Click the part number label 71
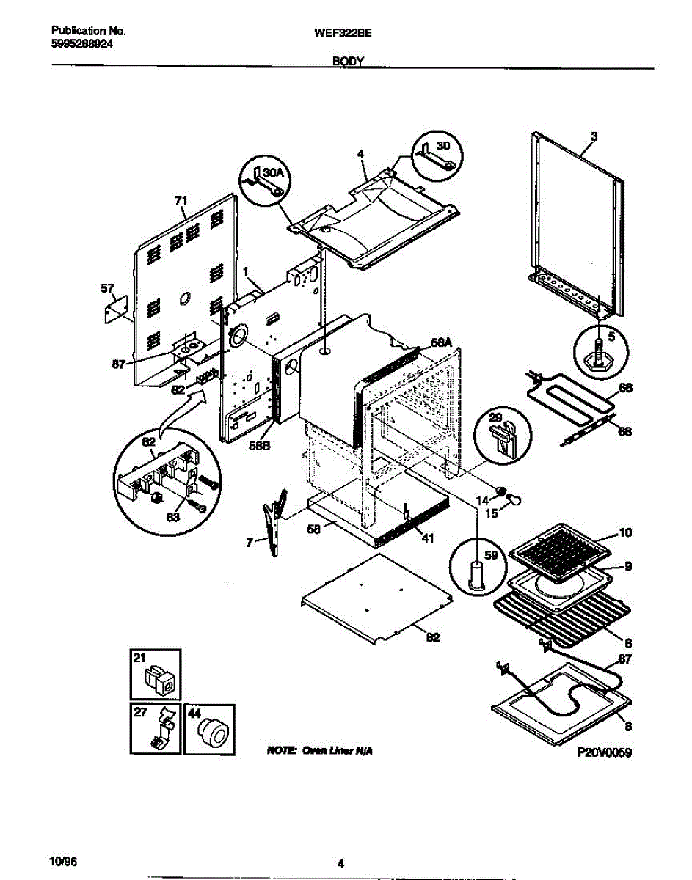[181, 199]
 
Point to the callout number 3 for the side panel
[594, 136]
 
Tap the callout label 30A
[272, 172]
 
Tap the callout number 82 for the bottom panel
[432, 637]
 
